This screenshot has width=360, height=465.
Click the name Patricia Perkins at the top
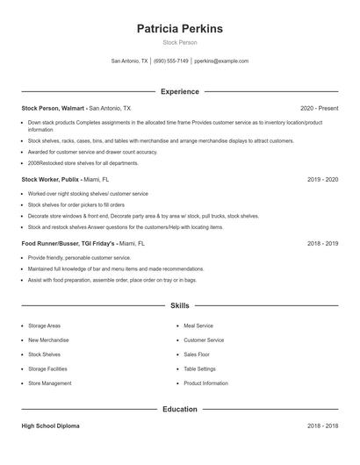click(x=180, y=29)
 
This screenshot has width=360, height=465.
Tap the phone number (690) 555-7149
click(x=171, y=61)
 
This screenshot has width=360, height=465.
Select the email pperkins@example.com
click(x=221, y=61)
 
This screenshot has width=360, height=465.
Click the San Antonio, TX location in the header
click(x=129, y=61)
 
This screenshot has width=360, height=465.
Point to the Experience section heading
click(x=180, y=91)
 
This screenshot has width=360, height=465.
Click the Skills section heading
click(x=180, y=305)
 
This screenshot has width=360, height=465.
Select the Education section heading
click(x=180, y=409)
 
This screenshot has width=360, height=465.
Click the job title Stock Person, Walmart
click(x=54, y=108)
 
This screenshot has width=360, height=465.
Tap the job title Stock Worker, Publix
click(x=53, y=179)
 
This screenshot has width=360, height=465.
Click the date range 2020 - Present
click(x=319, y=108)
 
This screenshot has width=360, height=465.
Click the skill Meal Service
click(x=198, y=325)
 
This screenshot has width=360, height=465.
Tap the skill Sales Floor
click(x=197, y=354)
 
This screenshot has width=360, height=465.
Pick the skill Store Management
click(x=49, y=383)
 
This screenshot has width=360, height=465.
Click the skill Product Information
click(x=205, y=383)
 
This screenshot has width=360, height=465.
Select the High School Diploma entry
click(x=51, y=426)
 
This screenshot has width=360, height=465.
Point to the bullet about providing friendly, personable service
click(x=79, y=258)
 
